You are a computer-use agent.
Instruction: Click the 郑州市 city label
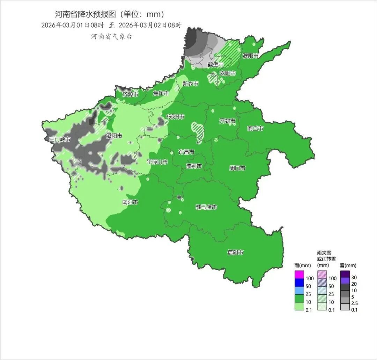point(176,117)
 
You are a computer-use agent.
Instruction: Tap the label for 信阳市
point(236,252)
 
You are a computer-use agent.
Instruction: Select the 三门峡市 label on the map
point(60,139)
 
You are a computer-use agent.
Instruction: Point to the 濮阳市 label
point(251,56)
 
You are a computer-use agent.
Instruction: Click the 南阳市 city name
point(130,202)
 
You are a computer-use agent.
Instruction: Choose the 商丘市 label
point(255,129)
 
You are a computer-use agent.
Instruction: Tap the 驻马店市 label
point(206,207)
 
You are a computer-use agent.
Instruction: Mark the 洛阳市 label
point(114,136)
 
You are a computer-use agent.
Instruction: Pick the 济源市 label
point(130,94)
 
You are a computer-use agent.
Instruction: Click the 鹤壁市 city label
point(215,64)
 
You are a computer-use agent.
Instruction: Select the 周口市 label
point(237,168)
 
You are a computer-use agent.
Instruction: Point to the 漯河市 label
point(194,166)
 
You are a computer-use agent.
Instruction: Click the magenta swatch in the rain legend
point(299,274)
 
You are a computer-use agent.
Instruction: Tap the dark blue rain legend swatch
point(299,282)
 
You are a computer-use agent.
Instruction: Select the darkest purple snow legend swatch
point(345,274)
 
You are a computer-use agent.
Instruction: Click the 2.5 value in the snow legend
point(355,303)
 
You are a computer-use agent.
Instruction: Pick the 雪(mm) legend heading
point(348,266)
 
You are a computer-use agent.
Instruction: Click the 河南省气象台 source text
point(112,37)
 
